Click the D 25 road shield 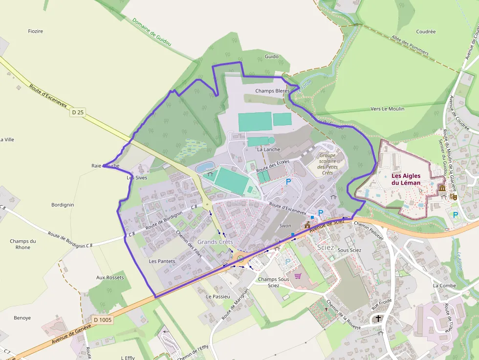click(78, 112)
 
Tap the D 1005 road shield click(103, 320)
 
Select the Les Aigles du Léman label click(406, 179)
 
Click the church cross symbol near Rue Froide click(378, 319)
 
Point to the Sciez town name click(326, 248)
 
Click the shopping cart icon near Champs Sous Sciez click(298, 275)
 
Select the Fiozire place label click(36, 31)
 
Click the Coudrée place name click(426, 32)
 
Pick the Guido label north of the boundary click(271, 57)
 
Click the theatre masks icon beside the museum click(453, 196)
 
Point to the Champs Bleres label click(272, 91)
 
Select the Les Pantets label click(162, 261)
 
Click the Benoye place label click(22, 318)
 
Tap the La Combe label click(444, 286)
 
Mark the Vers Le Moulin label click(388, 109)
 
